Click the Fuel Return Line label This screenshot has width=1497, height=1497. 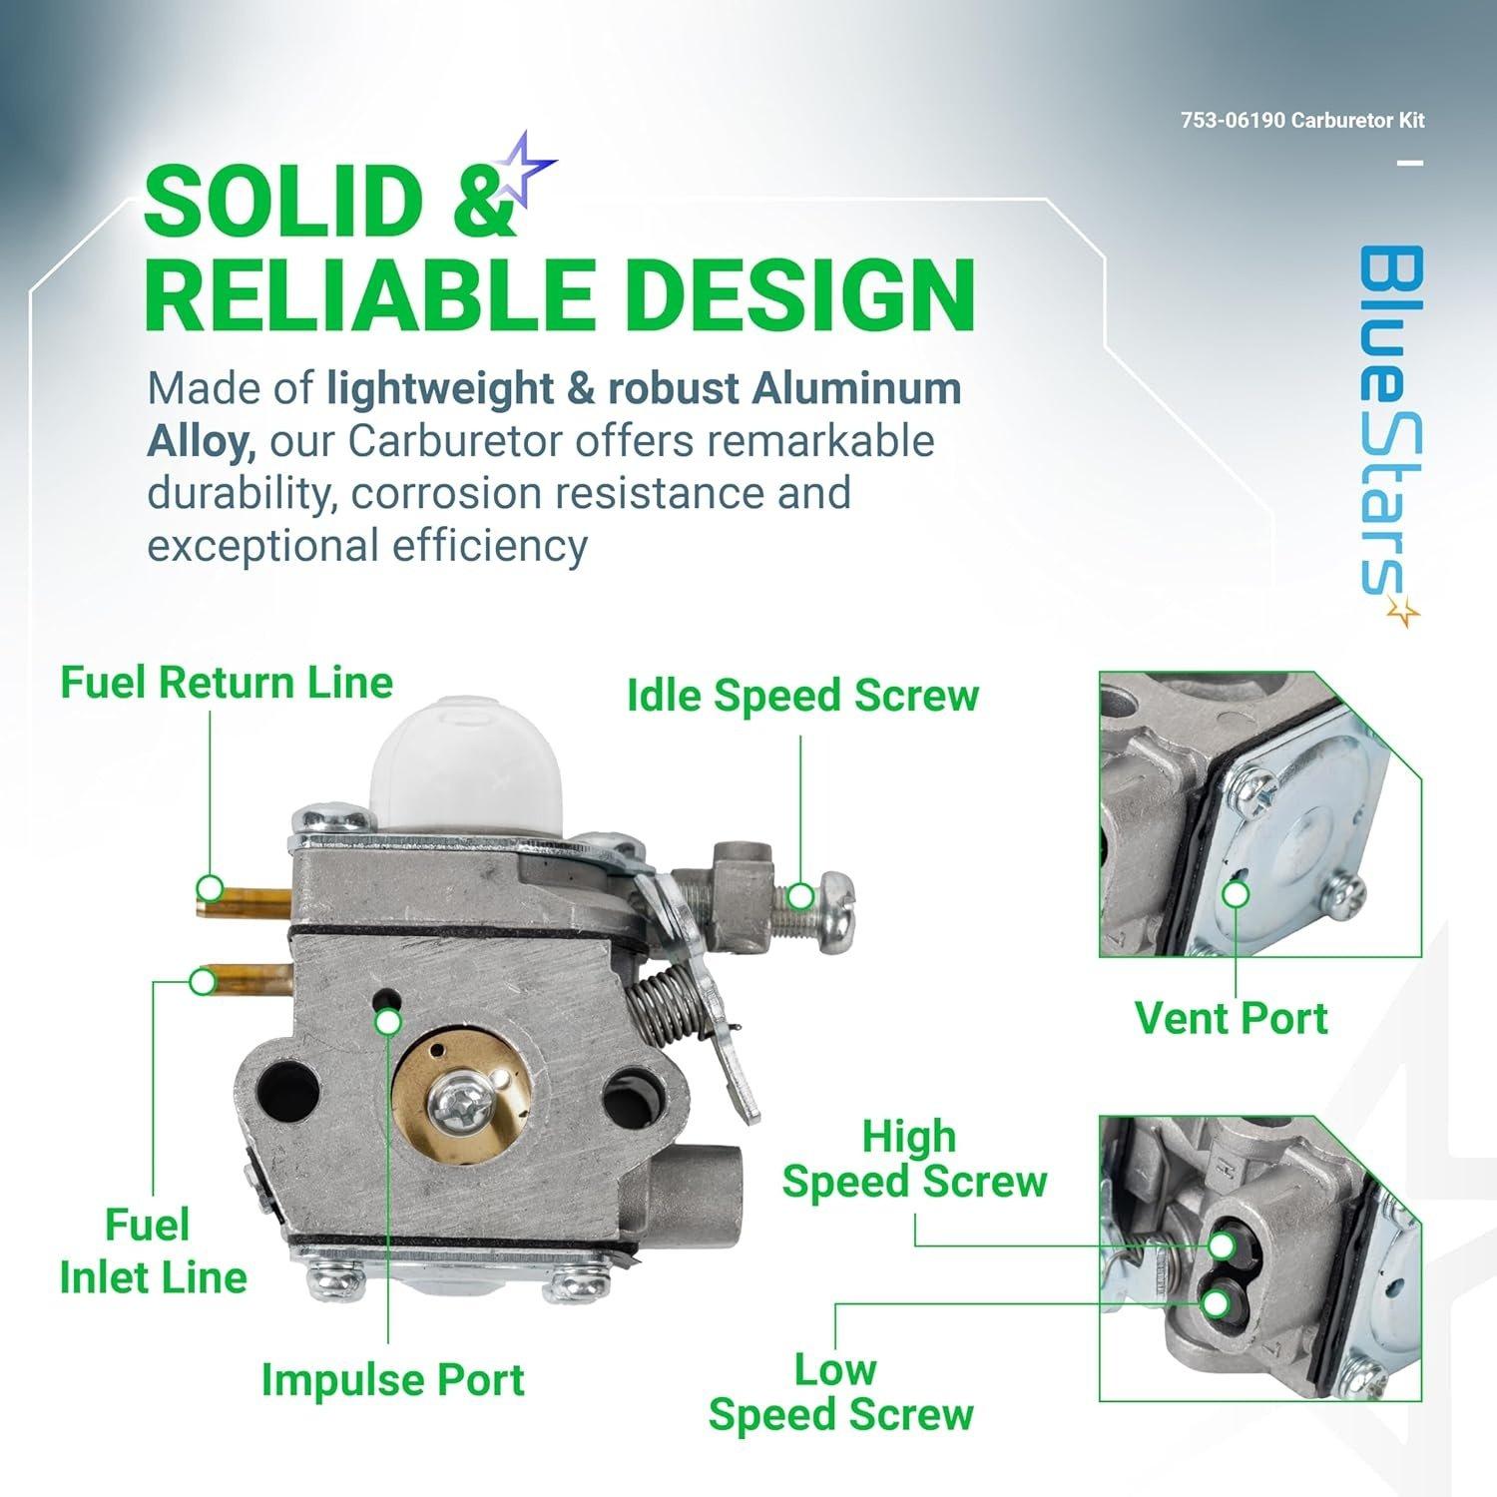(x=227, y=683)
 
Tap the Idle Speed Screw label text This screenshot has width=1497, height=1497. (x=802, y=696)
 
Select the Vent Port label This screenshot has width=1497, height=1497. (x=1232, y=1018)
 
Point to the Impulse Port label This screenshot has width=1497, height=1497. (x=392, y=1379)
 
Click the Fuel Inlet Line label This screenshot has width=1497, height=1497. (x=152, y=1251)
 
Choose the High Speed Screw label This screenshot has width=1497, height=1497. (x=913, y=1159)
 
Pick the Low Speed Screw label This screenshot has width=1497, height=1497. (x=840, y=1392)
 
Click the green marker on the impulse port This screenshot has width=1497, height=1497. (x=388, y=1022)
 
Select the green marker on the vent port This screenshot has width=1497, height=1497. (x=1236, y=895)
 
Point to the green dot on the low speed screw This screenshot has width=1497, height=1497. (x=1216, y=1303)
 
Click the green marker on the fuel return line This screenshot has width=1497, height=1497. (x=210, y=887)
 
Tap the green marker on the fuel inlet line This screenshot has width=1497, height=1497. (x=203, y=982)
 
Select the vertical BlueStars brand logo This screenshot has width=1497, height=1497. (x=1390, y=429)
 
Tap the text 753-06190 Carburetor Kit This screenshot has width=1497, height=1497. (x=1301, y=121)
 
